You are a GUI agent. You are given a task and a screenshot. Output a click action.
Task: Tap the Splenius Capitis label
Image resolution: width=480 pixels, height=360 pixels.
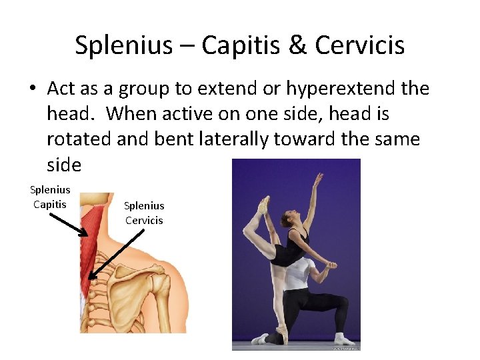[x=51, y=197]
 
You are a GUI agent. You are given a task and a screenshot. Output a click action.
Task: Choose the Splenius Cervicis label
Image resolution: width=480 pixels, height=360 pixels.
[x=144, y=213]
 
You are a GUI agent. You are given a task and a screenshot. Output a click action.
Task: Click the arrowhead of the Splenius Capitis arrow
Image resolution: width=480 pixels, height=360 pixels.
[x=86, y=234]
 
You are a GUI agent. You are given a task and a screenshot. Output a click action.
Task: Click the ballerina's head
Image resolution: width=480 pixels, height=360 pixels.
[x=288, y=219]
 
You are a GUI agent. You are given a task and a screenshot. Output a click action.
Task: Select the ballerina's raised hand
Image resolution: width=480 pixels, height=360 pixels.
[x=318, y=178]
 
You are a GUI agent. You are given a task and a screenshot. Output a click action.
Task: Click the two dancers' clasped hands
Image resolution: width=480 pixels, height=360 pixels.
[x=329, y=265]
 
